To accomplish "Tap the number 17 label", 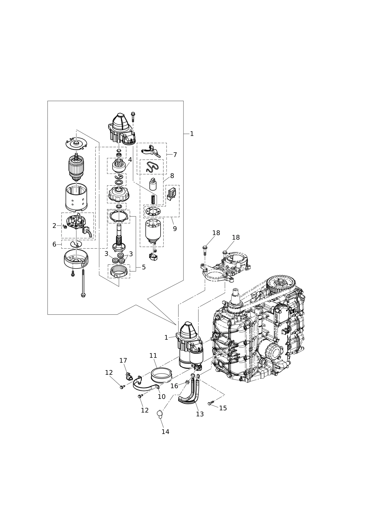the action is (123, 360).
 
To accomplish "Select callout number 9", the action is (175, 229).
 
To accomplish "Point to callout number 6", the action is (54, 244).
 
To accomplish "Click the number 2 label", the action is (54, 226).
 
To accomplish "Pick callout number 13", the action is (200, 414).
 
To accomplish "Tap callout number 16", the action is (174, 386).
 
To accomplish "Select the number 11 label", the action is (153, 356).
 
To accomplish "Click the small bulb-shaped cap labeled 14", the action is (160, 414).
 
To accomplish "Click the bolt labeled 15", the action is (211, 403).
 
